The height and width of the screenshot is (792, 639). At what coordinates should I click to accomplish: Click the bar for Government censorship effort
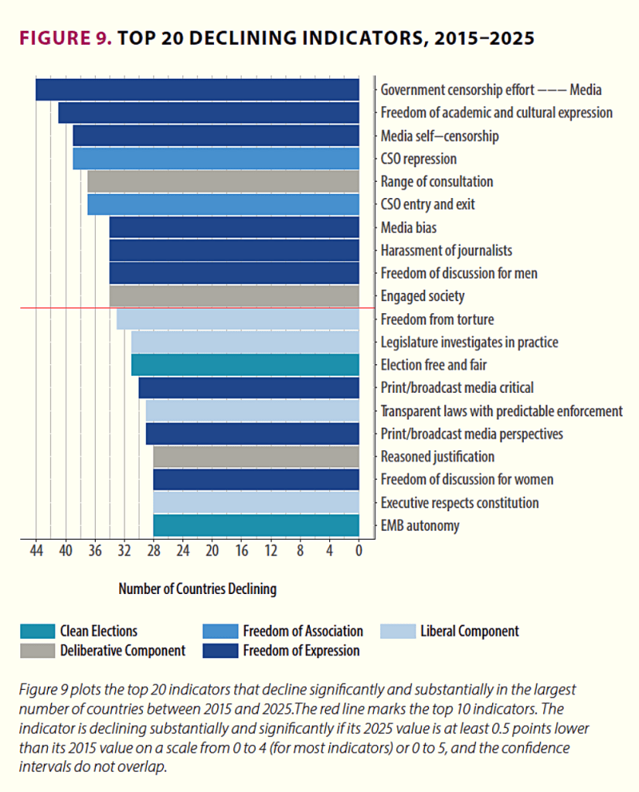pyautogui.click(x=197, y=90)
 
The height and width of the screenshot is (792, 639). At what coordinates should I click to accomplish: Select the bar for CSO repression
pyautogui.click(x=216, y=159)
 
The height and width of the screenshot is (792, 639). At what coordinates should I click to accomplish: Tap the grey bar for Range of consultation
pyautogui.click(x=223, y=182)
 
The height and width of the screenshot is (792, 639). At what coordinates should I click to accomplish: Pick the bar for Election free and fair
pyautogui.click(x=245, y=365)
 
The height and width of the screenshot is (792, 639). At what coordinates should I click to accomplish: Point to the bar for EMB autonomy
pyautogui.click(x=256, y=526)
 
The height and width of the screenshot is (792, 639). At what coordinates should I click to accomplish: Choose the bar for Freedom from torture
pyautogui.click(x=238, y=319)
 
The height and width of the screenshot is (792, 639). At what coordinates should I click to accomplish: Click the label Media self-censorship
pyautogui.click(x=440, y=136)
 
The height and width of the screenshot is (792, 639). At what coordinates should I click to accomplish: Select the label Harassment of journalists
pyautogui.click(x=446, y=251)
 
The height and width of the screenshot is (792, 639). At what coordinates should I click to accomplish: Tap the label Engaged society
pyautogui.click(x=422, y=296)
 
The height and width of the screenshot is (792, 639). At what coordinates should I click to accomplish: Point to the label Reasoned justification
pyautogui.click(x=437, y=457)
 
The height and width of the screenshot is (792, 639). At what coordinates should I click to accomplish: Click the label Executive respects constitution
pyautogui.click(x=459, y=503)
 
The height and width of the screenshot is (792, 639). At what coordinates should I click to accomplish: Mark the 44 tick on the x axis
pyautogui.click(x=36, y=552)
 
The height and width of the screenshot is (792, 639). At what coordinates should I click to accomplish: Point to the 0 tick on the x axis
pyautogui.click(x=359, y=552)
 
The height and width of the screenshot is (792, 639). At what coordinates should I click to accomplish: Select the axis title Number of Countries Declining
pyautogui.click(x=197, y=589)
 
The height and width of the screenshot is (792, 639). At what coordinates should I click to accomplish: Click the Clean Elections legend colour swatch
pyautogui.click(x=38, y=631)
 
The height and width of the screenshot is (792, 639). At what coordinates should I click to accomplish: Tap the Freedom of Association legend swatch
pyautogui.click(x=220, y=631)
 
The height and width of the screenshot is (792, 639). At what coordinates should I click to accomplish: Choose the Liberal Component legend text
pyautogui.click(x=469, y=631)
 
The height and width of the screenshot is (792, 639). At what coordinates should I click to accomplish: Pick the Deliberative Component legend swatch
pyautogui.click(x=38, y=650)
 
